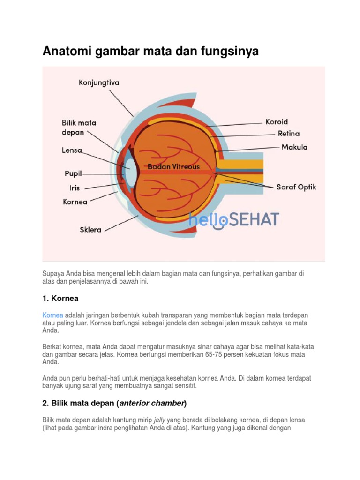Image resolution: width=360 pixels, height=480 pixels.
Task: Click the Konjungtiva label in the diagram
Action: tap(99, 83)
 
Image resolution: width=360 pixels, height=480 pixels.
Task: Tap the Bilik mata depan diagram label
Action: tap(79, 127)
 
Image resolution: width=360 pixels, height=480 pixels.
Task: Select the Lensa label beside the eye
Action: tap(72, 150)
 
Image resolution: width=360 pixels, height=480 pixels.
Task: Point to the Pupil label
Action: tap(73, 173)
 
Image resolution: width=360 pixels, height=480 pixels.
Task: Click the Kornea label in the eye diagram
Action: tap(75, 202)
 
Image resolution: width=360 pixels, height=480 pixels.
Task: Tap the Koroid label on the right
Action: tap(277, 121)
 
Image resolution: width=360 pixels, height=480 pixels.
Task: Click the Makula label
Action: tap(294, 147)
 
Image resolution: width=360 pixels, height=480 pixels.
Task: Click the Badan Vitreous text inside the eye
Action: tap(173, 166)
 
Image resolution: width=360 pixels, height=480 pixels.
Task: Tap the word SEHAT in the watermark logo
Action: tap(255, 219)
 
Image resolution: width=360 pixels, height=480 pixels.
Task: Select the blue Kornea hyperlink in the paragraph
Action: tap(52, 315)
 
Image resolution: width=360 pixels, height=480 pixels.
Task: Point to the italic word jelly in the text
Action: tap(160, 420)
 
